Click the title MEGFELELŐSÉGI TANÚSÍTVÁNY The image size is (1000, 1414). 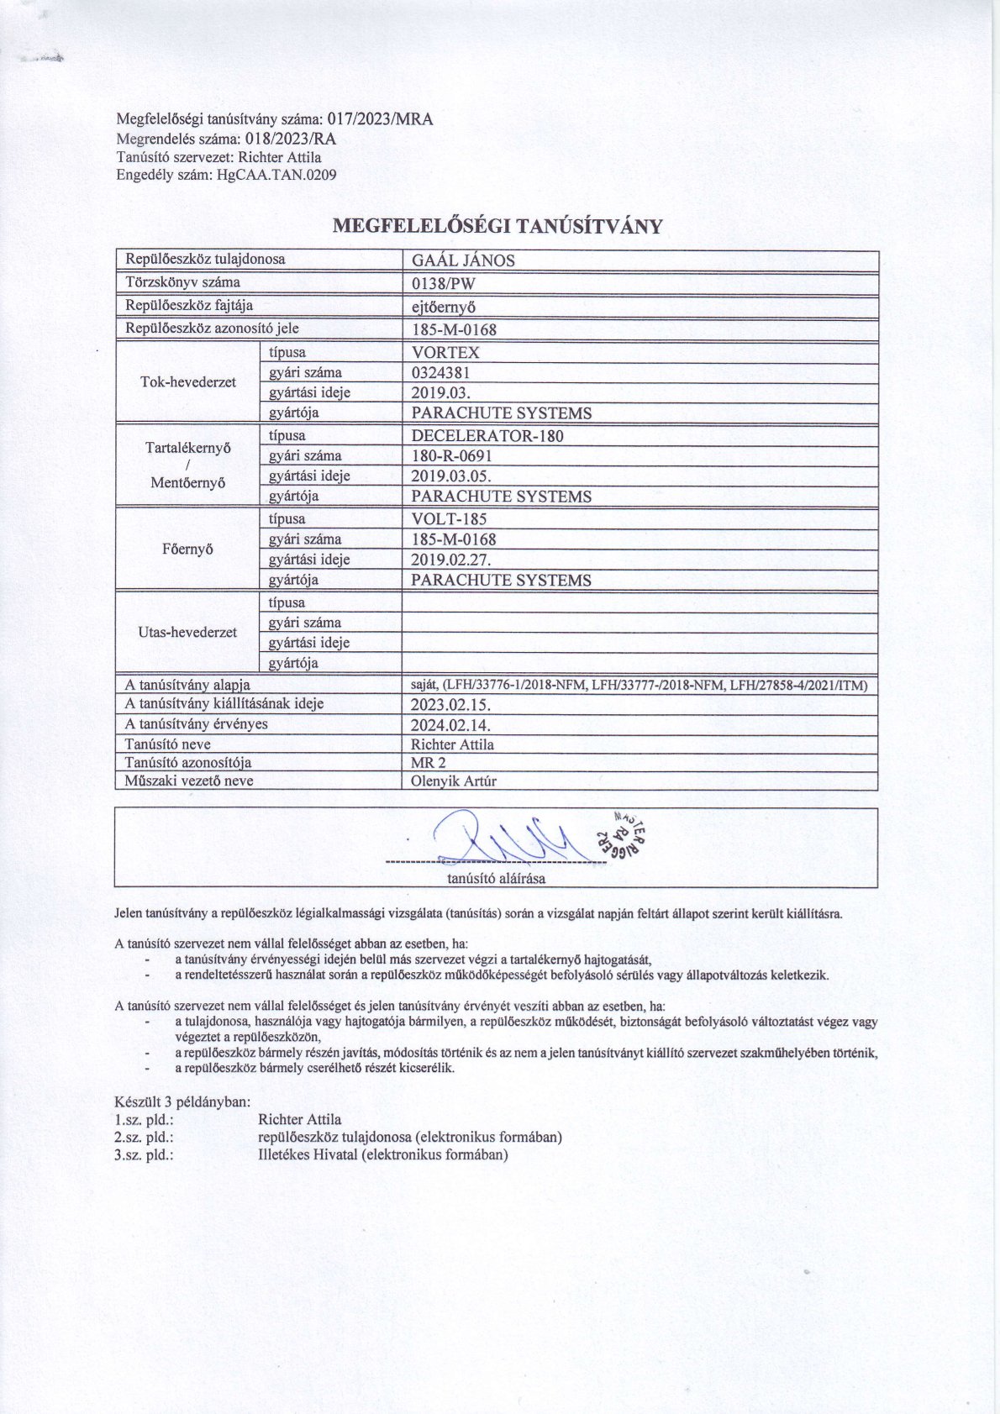[499, 226]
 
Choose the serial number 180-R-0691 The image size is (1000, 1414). [451, 456]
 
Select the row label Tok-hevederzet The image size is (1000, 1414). [188, 382]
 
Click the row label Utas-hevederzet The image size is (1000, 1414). [188, 633]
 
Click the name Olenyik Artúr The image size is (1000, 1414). [454, 781]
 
